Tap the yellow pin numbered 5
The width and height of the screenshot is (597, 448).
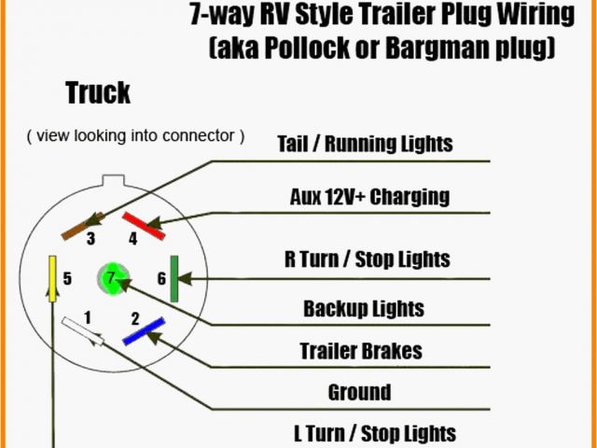point(53,277)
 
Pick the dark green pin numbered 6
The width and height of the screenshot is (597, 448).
point(174,278)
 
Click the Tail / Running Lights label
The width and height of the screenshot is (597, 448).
point(365,144)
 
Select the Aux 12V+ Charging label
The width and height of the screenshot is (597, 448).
point(368,197)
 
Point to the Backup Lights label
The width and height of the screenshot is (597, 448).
point(364,308)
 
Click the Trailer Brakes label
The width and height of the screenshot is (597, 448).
point(361,351)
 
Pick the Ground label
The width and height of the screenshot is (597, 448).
point(359,392)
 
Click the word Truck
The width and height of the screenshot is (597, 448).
point(98,93)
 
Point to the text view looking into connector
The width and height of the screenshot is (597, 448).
point(136,136)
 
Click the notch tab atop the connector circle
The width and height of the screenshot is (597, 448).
point(113,177)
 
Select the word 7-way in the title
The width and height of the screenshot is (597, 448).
point(223,14)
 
